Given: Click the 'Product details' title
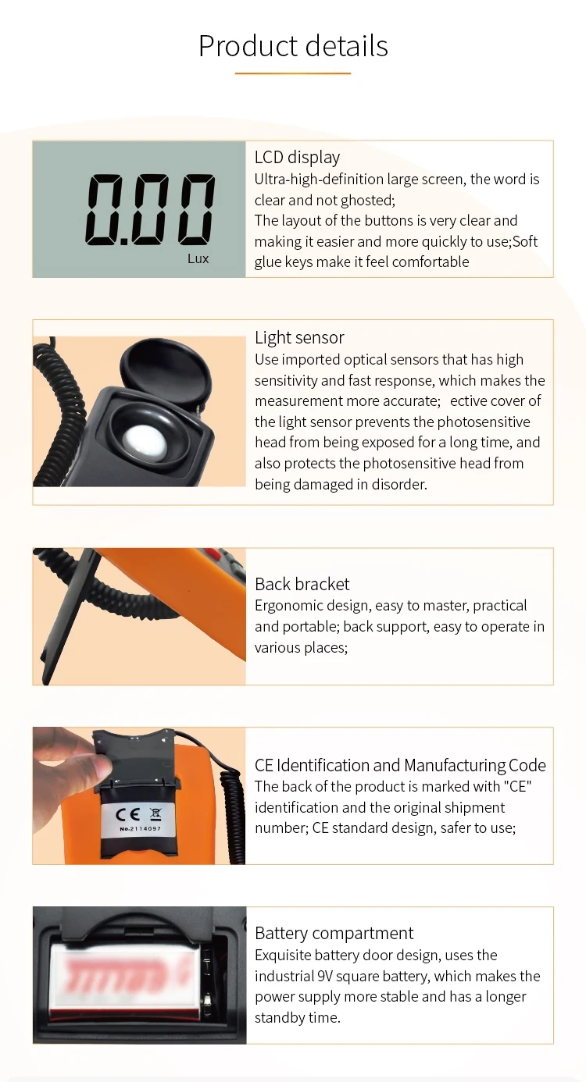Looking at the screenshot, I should click(x=293, y=46).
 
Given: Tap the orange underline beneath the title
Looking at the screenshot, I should click(x=293, y=73).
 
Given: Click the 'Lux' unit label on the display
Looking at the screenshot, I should click(x=198, y=258).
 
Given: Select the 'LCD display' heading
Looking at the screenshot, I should click(x=297, y=157).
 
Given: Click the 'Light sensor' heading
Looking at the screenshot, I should click(x=299, y=337).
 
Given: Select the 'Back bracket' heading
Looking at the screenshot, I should click(x=302, y=584).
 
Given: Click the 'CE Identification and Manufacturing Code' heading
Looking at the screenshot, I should click(x=400, y=765).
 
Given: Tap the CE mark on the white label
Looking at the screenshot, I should click(x=127, y=813).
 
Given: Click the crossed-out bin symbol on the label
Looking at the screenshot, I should click(x=155, y=813).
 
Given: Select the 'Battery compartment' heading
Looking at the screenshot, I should click(x=334, y=933).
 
